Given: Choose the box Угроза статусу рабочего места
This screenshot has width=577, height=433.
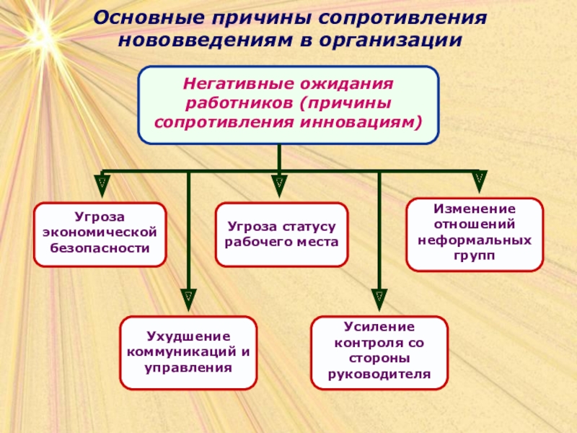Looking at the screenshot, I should pos(281,235).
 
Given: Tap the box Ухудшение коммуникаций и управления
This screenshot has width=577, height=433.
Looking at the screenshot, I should pos(189,352).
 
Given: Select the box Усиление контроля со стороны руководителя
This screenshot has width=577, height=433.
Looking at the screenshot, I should pos(379,351).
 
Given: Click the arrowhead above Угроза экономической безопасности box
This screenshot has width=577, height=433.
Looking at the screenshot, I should pos(103,183).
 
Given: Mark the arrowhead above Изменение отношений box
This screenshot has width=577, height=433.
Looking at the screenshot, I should pos(478,180).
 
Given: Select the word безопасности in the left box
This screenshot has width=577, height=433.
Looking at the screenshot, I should pos(100,248).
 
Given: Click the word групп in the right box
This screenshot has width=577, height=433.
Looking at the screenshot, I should pos(475,255).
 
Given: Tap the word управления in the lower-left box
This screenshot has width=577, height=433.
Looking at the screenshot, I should pos(189,367).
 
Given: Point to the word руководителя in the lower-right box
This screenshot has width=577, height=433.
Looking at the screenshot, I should pos(379,374).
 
